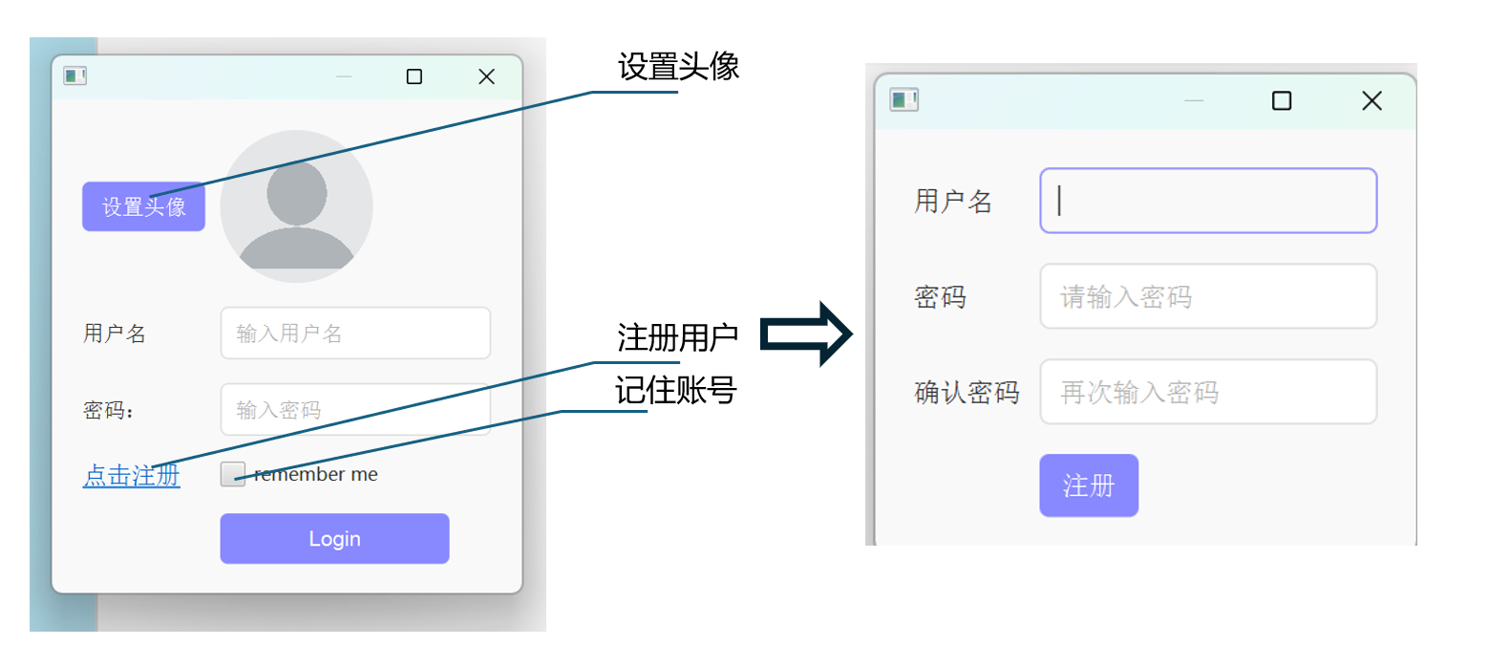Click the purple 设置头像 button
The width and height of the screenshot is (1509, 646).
tap(143, 206)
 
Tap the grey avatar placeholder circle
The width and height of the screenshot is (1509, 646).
tap(296, 206)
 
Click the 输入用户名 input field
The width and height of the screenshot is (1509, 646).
tap(355, 333)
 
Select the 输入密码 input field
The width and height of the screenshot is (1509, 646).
tap(355, 409)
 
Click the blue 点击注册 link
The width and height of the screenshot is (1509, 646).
tap(132, 475)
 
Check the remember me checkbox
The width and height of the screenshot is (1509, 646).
tap(232, 474)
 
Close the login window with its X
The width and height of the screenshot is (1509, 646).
tap(486, 76)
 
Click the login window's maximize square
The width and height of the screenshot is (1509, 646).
tap(414, 76)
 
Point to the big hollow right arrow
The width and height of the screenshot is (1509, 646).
tap(806, 334)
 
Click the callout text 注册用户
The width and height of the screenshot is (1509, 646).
tap(677, 337)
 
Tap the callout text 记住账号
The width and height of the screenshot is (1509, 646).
tap(675, 390)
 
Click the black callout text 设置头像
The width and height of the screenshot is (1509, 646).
tap(678, 66)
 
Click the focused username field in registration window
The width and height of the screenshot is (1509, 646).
tap(1208, 201)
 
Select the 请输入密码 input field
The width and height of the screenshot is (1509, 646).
tap(1208, 296)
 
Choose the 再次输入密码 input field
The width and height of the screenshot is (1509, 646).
tap(1208, 392)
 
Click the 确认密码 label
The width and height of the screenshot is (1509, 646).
tap(967, 393)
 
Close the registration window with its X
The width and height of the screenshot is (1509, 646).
tap(1371, 100)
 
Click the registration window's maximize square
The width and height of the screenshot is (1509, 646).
tap(1282, 100)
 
